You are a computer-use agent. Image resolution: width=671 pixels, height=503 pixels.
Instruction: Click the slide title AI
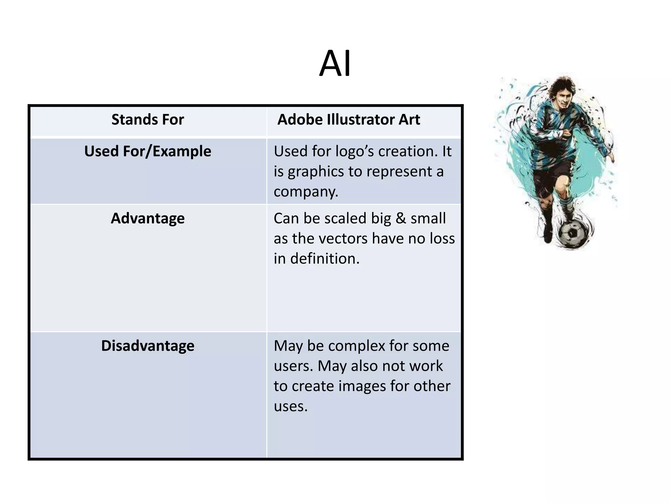[335, 64]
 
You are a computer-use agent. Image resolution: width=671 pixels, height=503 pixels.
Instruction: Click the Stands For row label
[147, 120]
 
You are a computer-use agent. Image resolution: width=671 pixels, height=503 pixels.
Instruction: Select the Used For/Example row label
[147, 151]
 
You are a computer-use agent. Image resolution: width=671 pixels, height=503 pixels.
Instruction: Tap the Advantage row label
[147, 218]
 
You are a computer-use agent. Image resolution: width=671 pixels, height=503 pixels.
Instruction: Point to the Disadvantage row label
[147, 346]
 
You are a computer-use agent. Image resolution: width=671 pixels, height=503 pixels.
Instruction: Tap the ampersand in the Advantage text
[400, 218]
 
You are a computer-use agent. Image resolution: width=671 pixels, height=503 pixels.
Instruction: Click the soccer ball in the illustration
[572, 233]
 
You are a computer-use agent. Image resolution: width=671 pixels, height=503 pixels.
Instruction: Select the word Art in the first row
[409, 120]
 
